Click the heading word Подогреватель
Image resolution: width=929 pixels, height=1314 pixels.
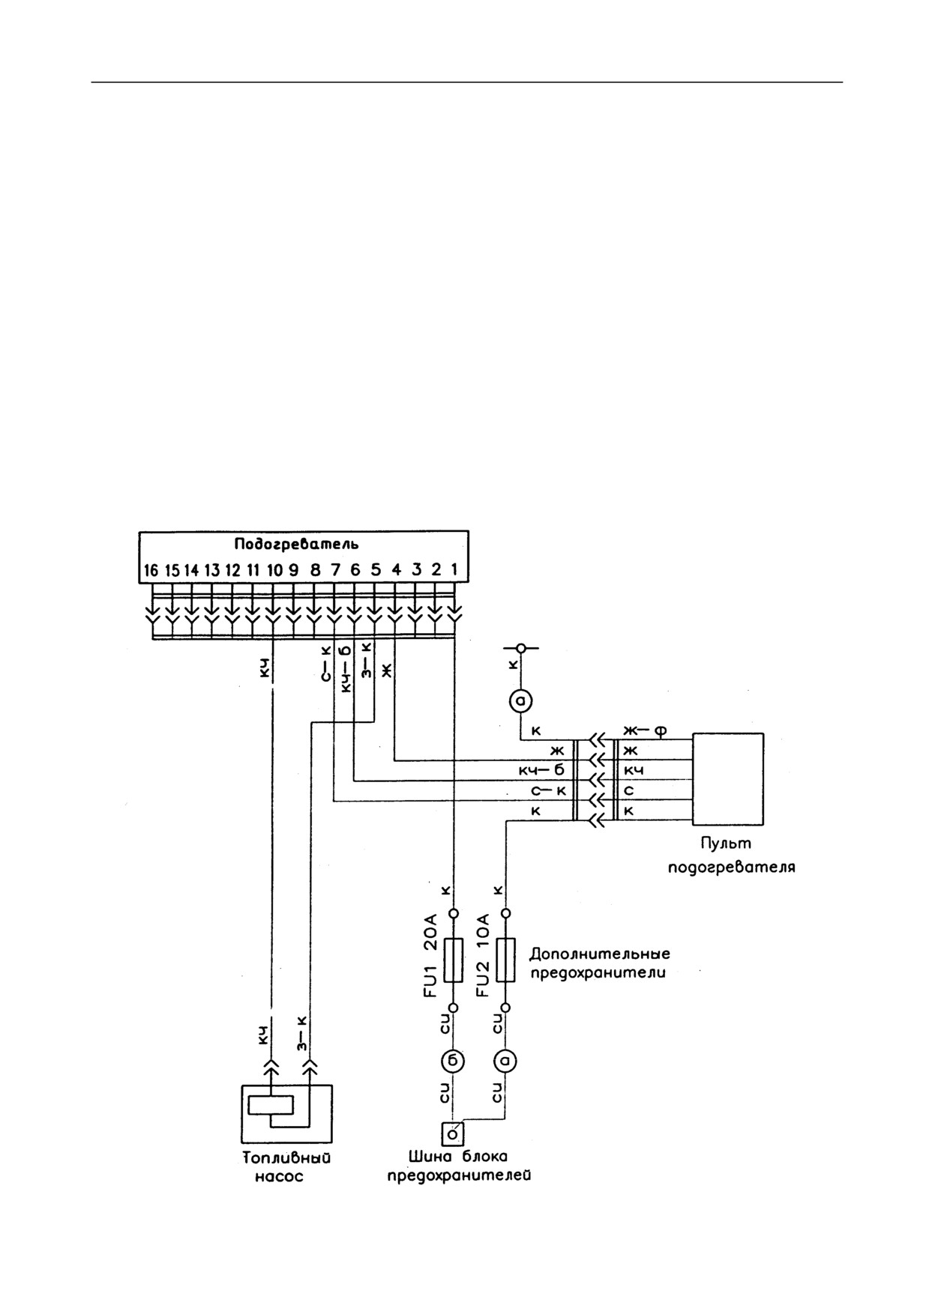pos(296,545)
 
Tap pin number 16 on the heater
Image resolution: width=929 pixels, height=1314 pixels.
pos(151,571)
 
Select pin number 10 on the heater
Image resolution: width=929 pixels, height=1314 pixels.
pos(274,571)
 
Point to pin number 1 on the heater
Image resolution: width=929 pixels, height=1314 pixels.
pos(454,571)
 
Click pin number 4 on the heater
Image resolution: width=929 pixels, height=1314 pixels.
pos(397,571)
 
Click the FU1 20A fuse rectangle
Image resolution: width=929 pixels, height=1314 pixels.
pos(453,960)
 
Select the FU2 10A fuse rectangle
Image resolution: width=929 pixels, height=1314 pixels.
pos(506,960)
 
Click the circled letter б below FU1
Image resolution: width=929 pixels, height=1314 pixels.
pos(453,1061)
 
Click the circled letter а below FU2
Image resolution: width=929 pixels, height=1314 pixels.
pos(506,1061)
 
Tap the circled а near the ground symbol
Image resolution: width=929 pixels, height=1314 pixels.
pos(521,701)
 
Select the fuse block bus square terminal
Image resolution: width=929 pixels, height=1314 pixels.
pos(452,1134)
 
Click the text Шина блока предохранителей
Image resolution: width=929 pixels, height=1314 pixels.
pos(459,1166)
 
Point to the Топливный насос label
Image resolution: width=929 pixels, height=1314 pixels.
pos(286,1166)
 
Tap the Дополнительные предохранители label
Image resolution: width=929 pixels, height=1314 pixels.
pos(600,963)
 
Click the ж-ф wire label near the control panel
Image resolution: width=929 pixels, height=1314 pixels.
pos(645,730)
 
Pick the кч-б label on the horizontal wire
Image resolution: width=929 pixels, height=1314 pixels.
pos(541,770)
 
